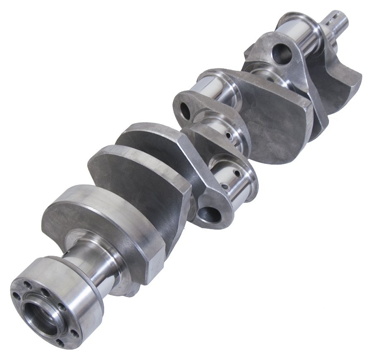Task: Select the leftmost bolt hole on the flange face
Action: [x=17, y=295]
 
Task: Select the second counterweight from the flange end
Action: [x=136, y=182]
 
